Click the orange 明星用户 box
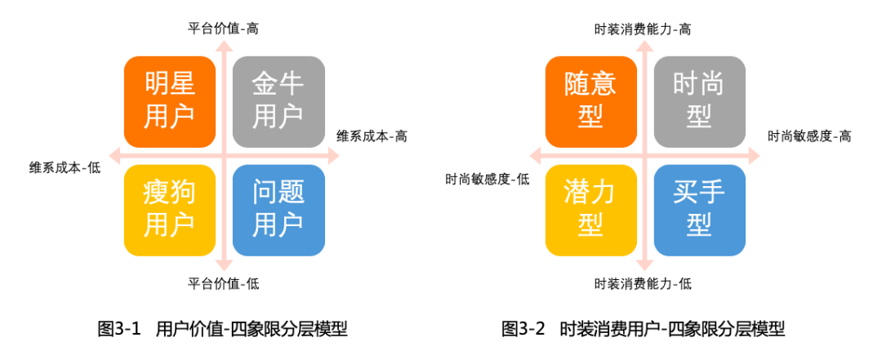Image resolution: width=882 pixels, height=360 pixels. click(169, 100)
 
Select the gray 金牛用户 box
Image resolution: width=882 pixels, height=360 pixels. click(278, 100)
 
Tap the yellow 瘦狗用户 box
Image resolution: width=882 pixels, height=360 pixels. click(169, 210)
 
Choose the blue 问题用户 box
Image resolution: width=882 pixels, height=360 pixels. click(278, 210)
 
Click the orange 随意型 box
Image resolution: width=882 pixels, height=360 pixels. click(590, 100)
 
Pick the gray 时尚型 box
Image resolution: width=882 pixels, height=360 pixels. click(699, 100)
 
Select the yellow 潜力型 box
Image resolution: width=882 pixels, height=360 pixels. click(590, 210)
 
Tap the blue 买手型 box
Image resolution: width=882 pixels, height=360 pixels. click(699, 210)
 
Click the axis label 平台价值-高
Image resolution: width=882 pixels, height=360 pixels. click(224, 29)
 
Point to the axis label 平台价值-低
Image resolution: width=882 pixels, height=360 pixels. click(224, 284)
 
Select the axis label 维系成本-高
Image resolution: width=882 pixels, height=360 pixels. click(372, 136)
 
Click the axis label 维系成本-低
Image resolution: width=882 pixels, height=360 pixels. click(65, 168)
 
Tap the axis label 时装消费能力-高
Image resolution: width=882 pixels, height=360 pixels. click(644, 29)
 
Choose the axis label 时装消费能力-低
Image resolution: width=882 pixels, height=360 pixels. click(644, 284)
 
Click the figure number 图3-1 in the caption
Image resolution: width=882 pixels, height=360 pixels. click(120, 330)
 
